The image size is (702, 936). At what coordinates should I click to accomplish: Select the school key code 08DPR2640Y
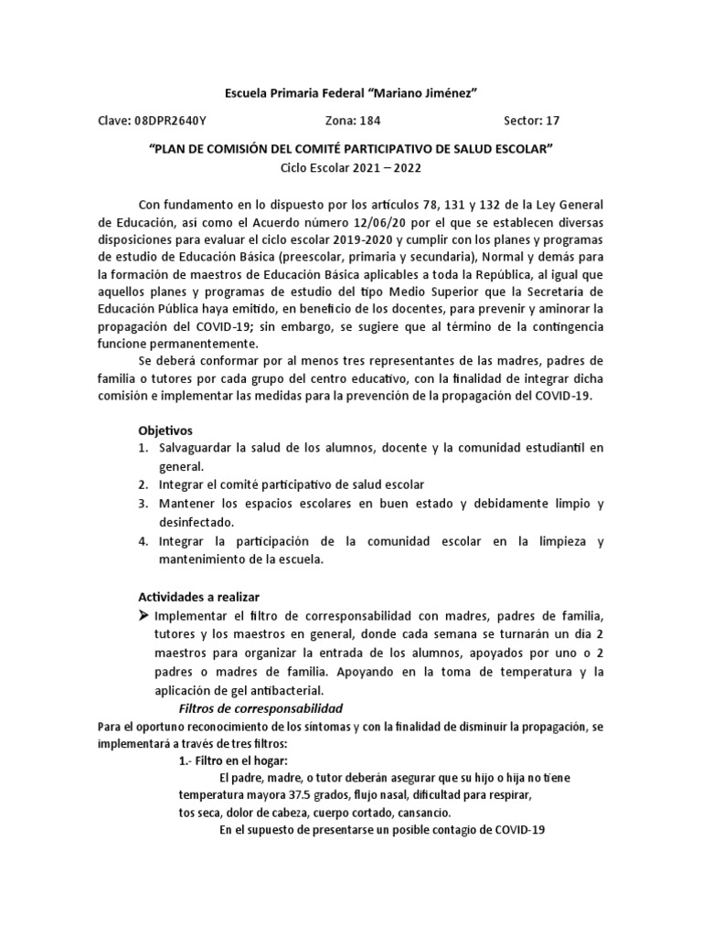point(174,121)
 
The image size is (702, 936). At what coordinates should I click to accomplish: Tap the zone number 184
point(370,121)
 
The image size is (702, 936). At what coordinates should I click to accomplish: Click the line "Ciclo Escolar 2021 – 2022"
point(351,167)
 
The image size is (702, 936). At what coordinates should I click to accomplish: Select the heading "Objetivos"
point(165,430)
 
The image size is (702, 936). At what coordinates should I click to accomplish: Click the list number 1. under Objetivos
point(143,448)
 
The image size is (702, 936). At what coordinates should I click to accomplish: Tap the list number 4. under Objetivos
point(143,542)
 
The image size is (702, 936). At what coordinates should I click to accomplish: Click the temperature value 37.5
point(297,796)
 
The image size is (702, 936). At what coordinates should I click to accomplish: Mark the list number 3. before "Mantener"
point(143,505)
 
